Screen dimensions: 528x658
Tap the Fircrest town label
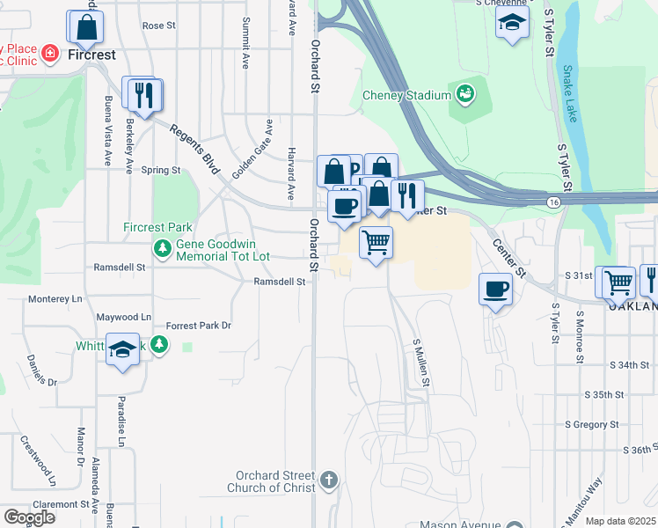91,55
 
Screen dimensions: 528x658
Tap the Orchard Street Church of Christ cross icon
328,480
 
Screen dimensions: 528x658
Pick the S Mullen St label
421,363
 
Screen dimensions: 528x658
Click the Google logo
29,517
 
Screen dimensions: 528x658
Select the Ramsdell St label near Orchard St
279,282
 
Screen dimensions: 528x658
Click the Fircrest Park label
157,228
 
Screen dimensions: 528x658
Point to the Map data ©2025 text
619,521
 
